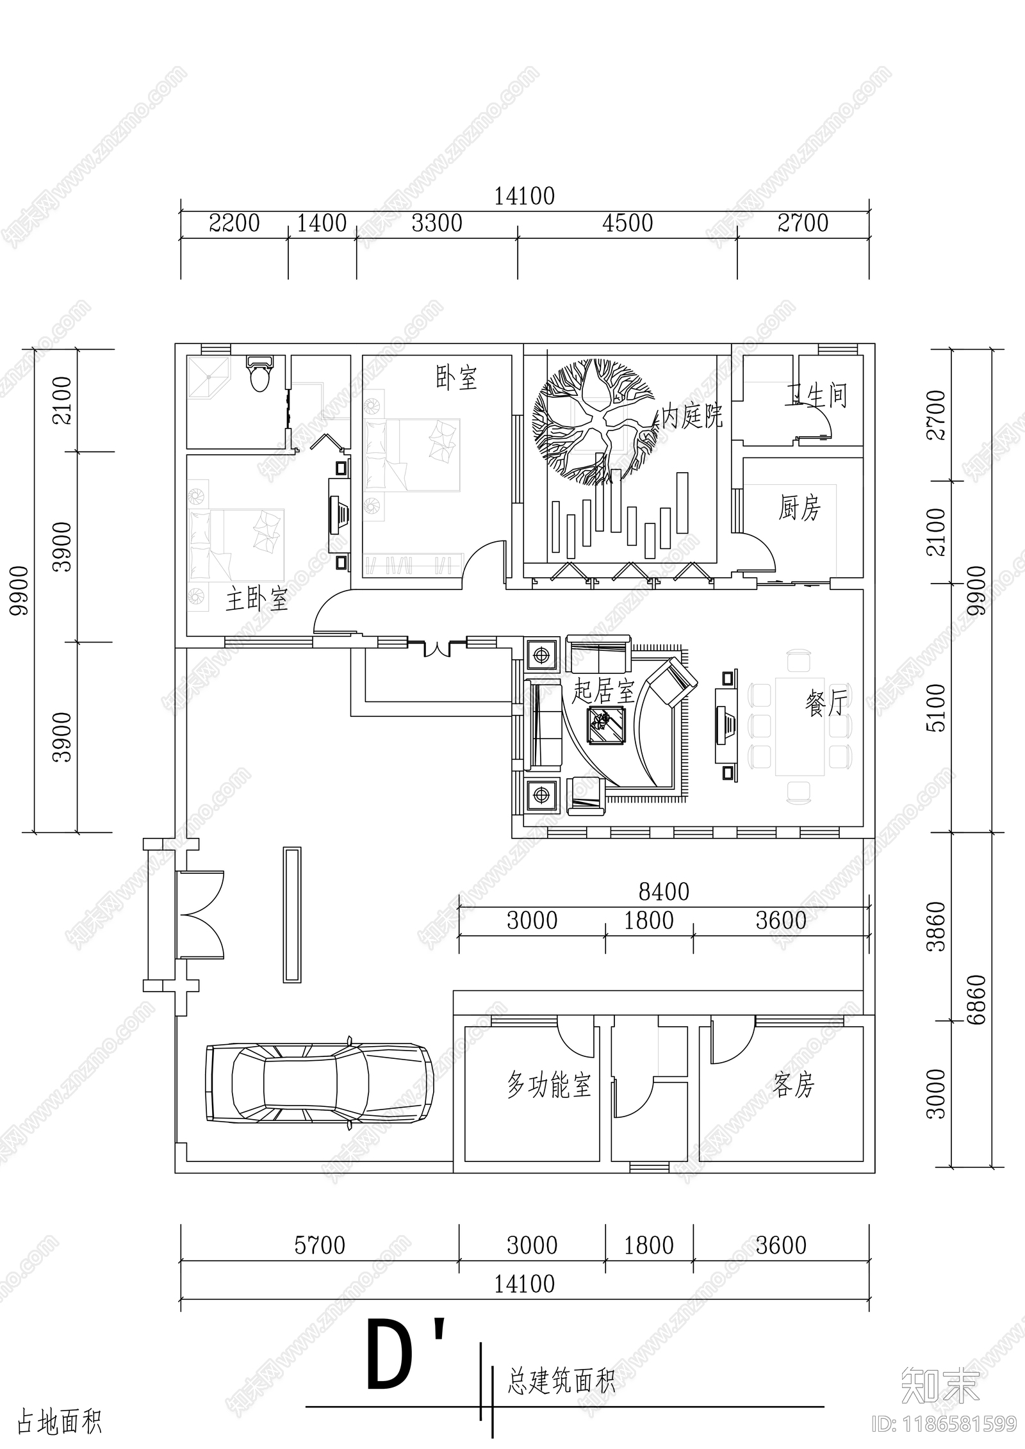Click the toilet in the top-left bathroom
pyautogui.click(x=260, y=374)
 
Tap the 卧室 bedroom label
pyautogui.click(x=456, y=378)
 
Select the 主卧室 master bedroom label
pyautogui.click(x=256, y=600)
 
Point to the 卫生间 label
pyautogui.click(x=816, y=396)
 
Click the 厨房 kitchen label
pyautogui.click(x=799, y=509)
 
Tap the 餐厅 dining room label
pyautogui.click(x=826, y=703)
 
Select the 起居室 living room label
pyautogui.click(x=603, y=691)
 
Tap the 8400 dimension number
pyautogui.click(x=664, y=892)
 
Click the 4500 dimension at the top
pyautogui.click(x=627, y=223)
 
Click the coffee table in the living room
pyautogui.click(x=606, y=725)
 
